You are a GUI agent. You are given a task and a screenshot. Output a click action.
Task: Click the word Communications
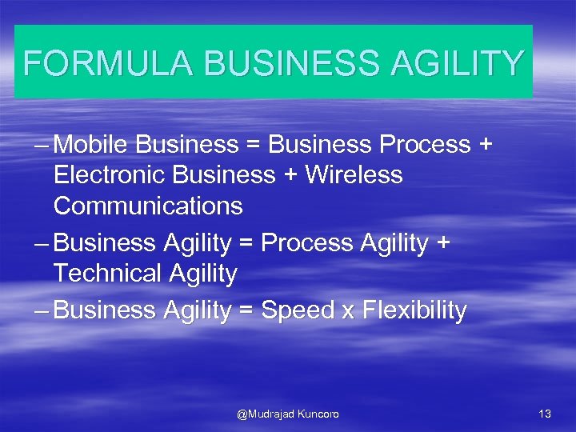tap(148, 206)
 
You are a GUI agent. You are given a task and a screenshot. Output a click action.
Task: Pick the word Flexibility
tap(414, 310)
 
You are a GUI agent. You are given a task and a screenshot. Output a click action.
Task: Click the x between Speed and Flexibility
tap(348, 312)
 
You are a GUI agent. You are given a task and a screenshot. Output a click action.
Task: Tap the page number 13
tap(545, 414)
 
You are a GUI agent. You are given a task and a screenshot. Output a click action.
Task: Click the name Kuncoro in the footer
tap(318, 414)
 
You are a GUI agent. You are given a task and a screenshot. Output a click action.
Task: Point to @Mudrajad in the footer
tap(266, 414)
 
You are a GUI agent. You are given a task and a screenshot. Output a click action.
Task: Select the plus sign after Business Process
tap(485, 146)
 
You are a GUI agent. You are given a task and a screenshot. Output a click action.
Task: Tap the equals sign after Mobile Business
tap(254, 146)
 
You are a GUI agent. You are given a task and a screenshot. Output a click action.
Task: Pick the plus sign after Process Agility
tap(442, 243)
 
